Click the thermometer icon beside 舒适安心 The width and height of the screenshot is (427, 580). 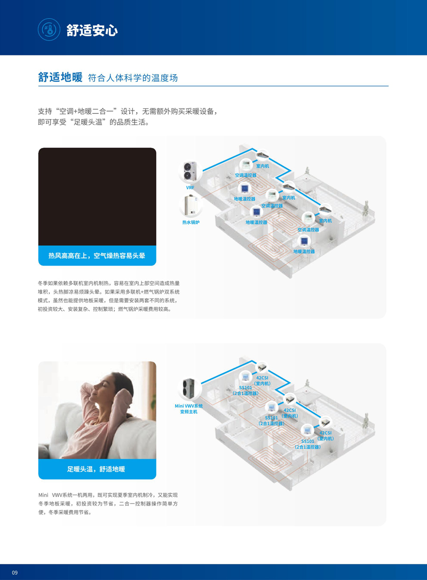pyautogui.click(x=49, y=29)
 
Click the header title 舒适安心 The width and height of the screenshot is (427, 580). pyautogui.click(x=92, y=30)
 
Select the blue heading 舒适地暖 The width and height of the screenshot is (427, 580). pyautogui.click(x=60, y=77)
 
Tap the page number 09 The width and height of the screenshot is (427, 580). pyautogui.click(x=15, y=572)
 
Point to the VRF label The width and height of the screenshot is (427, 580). pyautogui.click(x=190, y=187)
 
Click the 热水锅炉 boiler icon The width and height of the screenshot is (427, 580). pyautogui.click(x=191, y=206)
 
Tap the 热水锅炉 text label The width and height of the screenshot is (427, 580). pyautogui.click(x=191, y=222)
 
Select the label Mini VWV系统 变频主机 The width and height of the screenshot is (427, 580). pyautogui.click(x=188, y=409)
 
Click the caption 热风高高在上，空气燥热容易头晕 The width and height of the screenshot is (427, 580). pyautogui.click(x=97, y=256)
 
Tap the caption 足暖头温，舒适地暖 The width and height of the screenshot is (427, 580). pyautogui.click(x=96, y=469)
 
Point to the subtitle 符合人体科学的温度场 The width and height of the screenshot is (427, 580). pyautogui.click(x=133, y=77)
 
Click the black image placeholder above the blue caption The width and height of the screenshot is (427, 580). pyautogui.click(x=97, y=197)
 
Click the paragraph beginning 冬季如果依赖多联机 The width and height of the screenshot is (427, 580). pyautogui.click(x=109, y=296)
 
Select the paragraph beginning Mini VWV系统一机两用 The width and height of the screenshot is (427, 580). pyautogui.click(x=108, y=504)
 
